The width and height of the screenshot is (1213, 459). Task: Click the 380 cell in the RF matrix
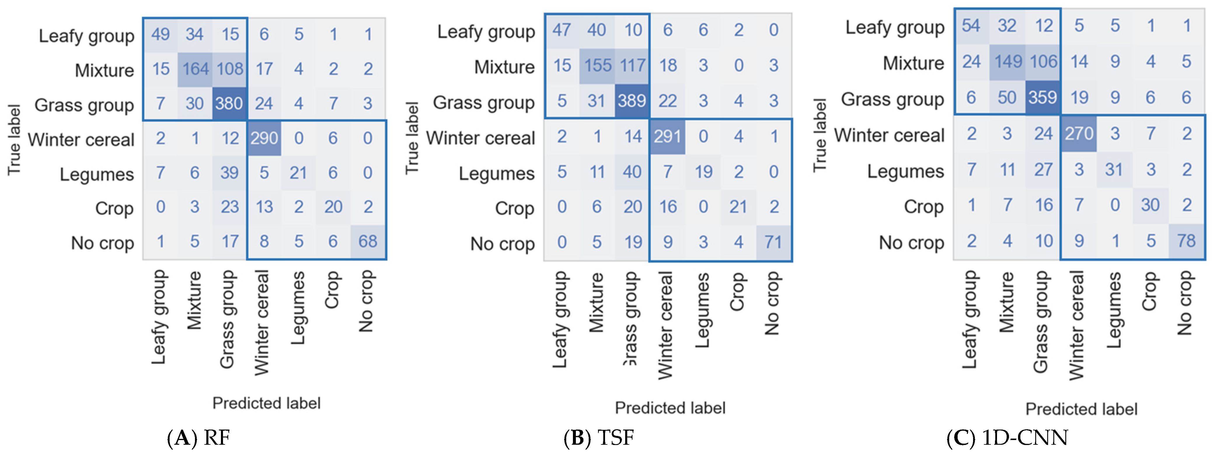tap(229, 104)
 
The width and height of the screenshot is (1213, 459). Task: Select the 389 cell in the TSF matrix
tap(632, 101)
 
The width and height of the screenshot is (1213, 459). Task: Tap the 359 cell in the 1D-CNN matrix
tap(1043, 97)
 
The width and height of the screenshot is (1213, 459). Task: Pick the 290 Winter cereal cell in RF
tap(264, 138)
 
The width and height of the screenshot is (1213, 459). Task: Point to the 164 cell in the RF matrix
tap(195, 69)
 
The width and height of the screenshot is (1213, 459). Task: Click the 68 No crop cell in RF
tap(368, 242)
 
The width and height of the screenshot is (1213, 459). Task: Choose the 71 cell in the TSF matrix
tap(773, 242)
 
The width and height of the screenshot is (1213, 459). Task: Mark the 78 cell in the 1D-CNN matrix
tap(1186, 241)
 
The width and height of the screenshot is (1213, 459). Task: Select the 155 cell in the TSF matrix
tap(597, 65)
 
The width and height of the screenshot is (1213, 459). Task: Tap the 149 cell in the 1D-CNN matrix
tap(1008, 61)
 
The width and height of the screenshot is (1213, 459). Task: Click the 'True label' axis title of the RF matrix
tap(14, 140)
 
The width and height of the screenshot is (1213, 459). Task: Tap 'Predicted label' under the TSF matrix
tap(670, 408)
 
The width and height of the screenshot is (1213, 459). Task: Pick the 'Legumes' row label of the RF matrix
tap(97, 174)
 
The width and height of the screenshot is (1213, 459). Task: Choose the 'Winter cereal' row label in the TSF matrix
tap(480, 138)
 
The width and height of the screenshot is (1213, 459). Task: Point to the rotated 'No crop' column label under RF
tap(366, 301)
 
